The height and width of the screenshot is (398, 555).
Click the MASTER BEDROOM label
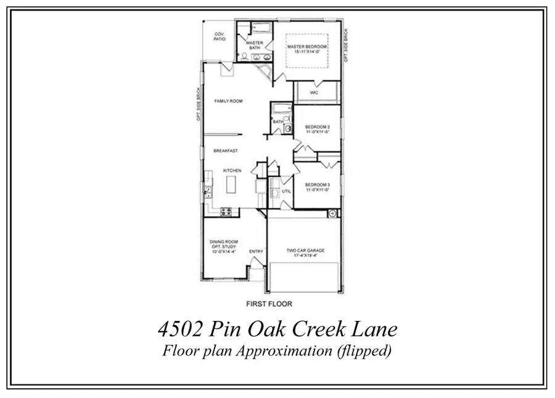click(x=306, y=46)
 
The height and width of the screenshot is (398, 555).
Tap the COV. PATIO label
click(x=220, y=36)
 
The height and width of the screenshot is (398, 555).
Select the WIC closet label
click(x=313, y=93)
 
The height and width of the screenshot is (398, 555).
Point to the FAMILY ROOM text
click(x=228, y=101)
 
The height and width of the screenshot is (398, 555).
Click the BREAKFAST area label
click(x=226, y=151)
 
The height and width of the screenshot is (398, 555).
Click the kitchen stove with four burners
click(x=226, y=211)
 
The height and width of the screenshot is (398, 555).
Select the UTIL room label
click(x=286, y=192)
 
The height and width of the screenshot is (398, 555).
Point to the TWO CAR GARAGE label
click(x=305, y=251)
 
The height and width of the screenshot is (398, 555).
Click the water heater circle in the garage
click(x=332, y=214)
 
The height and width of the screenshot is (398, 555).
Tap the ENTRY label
click(x=256, y=251)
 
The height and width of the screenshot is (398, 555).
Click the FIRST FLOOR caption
click(x=269, y=304)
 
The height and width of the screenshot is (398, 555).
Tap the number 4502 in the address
click(x=179, y=329)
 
